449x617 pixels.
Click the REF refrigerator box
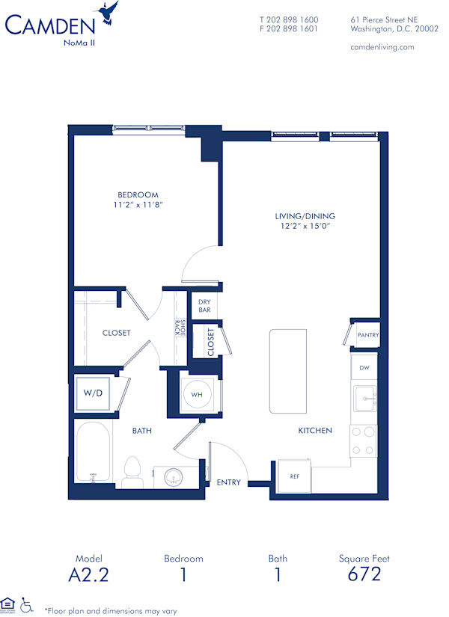(x=294, y=476)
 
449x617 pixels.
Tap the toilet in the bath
(x=133, y=471)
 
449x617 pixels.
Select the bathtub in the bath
(x=93, y=454)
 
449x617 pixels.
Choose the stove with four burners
(x=363, y=441)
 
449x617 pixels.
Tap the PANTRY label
(x=367, y=335)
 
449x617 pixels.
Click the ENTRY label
(x=229, y=482)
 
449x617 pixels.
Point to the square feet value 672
(x=364, y=574)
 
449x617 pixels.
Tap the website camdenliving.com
(x=382, y=47)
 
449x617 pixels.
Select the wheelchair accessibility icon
(x=27, y=604)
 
